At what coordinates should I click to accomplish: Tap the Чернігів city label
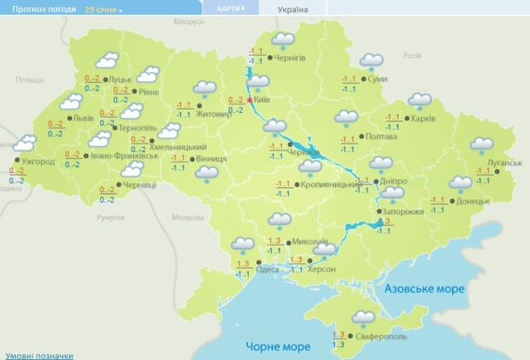point(290,58)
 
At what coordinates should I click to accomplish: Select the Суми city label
point(376,79)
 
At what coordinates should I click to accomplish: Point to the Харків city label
point(425,118)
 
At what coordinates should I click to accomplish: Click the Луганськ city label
point(504,162)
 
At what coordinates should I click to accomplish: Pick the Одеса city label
point(268,269)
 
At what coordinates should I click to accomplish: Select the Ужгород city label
point(38,161)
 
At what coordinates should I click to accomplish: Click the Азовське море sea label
point(425,289)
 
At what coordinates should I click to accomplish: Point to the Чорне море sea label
point(278,346)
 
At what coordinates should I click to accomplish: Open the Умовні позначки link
point(38,355)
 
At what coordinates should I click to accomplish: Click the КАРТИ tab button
point(228,8)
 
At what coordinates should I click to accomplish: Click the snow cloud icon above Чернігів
point(282,41)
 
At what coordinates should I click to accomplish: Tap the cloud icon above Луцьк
point(107,60)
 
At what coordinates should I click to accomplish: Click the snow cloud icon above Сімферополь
point(364,318)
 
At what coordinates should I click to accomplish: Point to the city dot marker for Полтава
point(361,136)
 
